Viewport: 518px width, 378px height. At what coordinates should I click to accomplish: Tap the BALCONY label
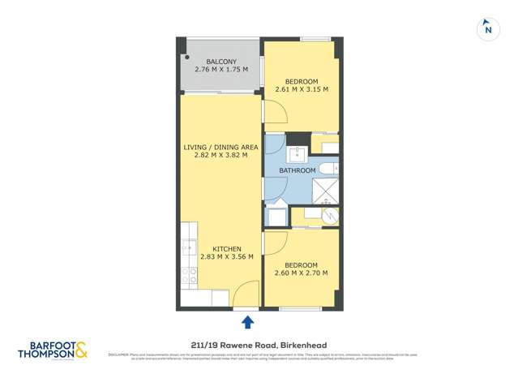click(221, 62)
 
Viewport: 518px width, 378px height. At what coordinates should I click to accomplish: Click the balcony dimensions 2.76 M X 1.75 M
click(221, 71)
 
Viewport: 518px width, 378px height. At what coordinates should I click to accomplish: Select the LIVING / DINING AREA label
click(220, 147)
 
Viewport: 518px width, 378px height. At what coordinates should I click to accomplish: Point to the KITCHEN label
click(228, 248)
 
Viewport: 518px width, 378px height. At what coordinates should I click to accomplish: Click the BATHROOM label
click(298, 171)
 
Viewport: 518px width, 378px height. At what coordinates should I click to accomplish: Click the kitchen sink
click(189, 247)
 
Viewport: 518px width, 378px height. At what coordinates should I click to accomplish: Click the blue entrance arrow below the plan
click(248, 322)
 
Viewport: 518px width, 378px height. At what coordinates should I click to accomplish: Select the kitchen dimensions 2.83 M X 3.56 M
click(228, 257)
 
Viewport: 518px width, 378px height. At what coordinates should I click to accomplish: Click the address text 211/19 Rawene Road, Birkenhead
click(259, 345)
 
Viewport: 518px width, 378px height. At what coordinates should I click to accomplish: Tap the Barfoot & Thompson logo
click(53, 349)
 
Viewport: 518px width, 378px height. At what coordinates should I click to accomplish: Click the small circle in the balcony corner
click(186, 58)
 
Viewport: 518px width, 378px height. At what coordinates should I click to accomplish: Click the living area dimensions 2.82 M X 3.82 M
click(220, 156)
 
